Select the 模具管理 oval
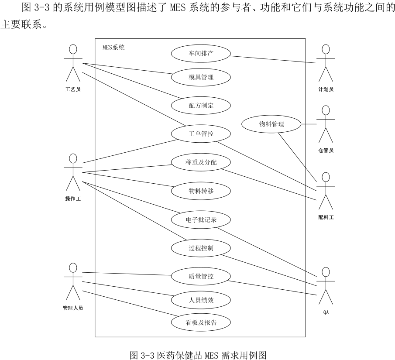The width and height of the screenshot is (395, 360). point(201,77)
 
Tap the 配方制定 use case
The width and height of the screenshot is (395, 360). point(201,105)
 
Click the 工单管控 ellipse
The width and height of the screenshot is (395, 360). point(201,134)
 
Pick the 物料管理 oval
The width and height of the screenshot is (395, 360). point(271,124)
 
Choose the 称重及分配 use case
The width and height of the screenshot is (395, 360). point(201,162)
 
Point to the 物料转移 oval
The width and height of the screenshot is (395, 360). point(201,191)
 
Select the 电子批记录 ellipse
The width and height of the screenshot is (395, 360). point(201,219)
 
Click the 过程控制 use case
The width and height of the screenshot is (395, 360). point(201,248)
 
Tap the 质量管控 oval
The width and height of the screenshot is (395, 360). point(201,276)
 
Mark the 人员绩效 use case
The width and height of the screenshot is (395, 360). point(201,300)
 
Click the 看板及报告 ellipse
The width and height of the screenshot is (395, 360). point(201,323)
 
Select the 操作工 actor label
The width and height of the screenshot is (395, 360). point(73,199)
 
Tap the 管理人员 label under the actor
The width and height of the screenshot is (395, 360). point(72,308)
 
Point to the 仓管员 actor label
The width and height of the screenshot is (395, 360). point(326,151)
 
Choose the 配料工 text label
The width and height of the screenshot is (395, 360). point(326,217)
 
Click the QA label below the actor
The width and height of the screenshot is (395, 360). point(326,312)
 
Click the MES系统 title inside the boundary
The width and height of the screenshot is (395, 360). point(113,48)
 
